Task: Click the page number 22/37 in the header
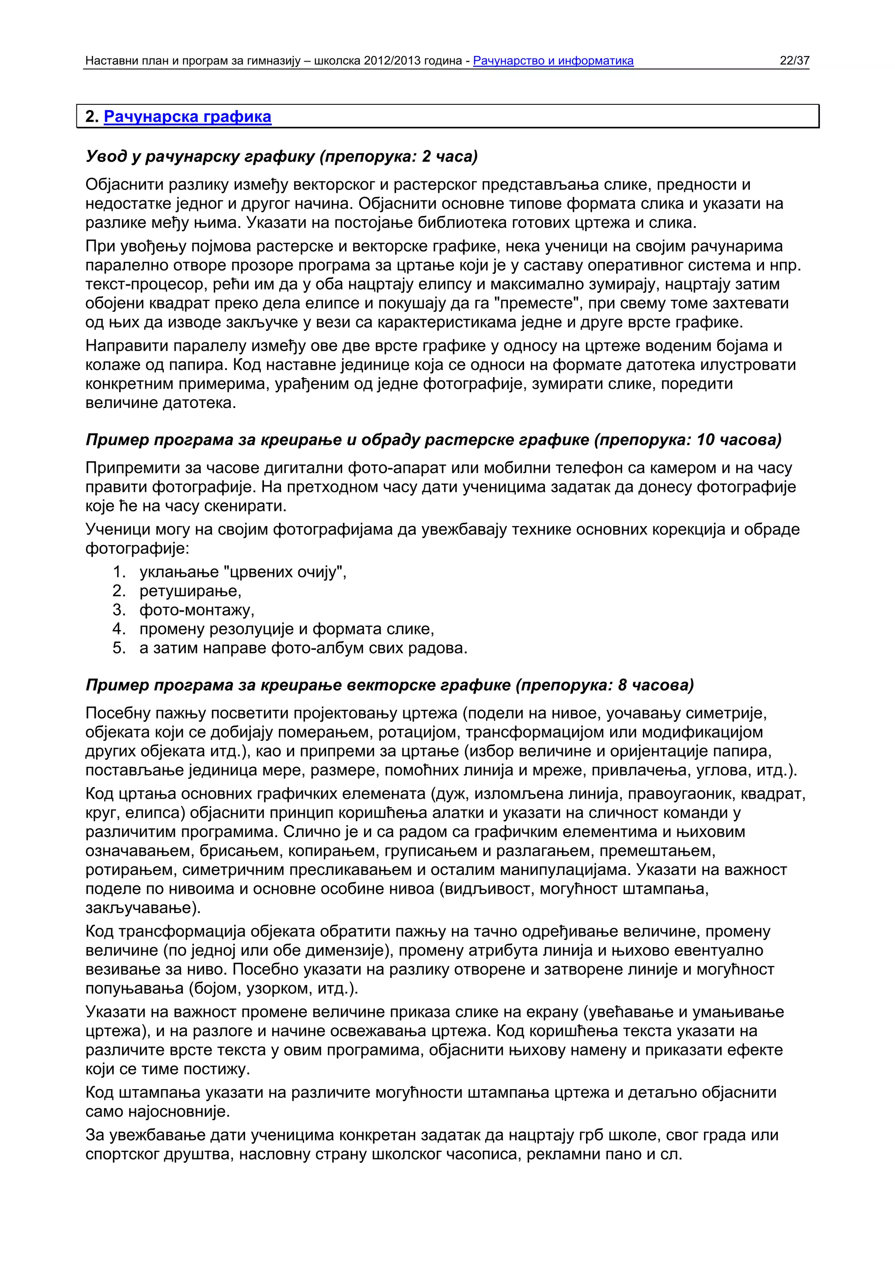(794, 61)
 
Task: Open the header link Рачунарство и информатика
(553, 61)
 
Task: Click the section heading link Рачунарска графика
(187, 117)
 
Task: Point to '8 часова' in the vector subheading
(655, 685)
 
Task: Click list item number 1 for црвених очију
(119, 572)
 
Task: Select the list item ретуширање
(190, 591)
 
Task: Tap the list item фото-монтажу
(197, 610)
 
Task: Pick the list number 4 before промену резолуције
(119, 629)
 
